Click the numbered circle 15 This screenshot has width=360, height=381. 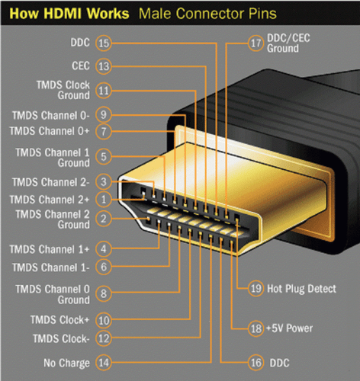(104, 43)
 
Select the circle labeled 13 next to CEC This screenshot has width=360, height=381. (104, 66)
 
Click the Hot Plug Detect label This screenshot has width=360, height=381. (302, 289)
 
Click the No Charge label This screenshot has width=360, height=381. (66, 363)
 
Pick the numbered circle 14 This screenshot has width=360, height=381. (104, 363)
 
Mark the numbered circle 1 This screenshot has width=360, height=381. (104, 199)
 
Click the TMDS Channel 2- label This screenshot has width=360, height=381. (50, 182)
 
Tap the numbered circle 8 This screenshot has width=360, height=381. (104, 290)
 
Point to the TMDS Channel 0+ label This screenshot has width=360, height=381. (50, 130)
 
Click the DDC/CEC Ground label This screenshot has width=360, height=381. (289, 43)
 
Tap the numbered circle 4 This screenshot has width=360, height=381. (104, 248)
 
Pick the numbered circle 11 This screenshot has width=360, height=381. (104, 91)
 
